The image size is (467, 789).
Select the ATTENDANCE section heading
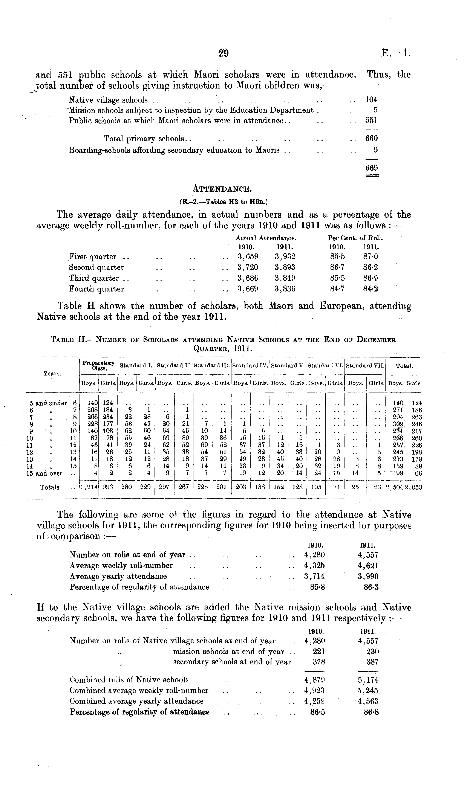222,189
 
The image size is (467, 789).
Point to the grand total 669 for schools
371,168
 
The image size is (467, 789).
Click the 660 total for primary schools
371,138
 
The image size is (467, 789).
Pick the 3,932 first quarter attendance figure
285,257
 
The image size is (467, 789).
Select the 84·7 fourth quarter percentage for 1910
337,289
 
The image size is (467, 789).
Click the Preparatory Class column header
98,365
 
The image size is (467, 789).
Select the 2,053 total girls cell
413,487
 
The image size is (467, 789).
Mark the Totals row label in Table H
50,487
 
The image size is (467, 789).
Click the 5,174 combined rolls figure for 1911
368,680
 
